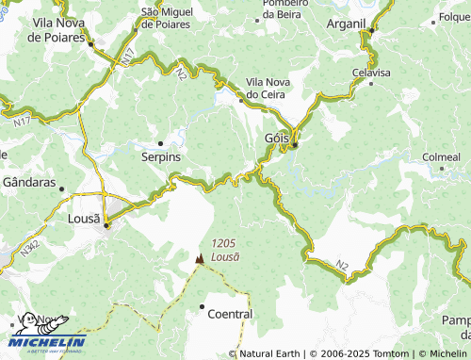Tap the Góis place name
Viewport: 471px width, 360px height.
click(x=269, y=139)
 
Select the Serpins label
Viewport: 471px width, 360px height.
click(x=160, y=156)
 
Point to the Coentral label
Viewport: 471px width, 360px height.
click(x=230, y=314)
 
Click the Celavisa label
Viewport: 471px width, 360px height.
click(x=370, y=72)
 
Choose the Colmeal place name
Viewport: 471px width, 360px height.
click(x=441, y=156)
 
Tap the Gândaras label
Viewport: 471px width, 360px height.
click(x=30, y=182)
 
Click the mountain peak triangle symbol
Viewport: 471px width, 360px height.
click(x=199, y=258)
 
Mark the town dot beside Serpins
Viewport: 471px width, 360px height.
click(x=160, y=143)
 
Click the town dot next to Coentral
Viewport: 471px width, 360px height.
click(x=203, y=306)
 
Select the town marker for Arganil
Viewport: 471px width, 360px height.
click(x=372, y=30)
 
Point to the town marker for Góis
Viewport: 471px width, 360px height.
click(x=295, y=144)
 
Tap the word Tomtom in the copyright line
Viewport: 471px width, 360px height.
click(x=390, y=354)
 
